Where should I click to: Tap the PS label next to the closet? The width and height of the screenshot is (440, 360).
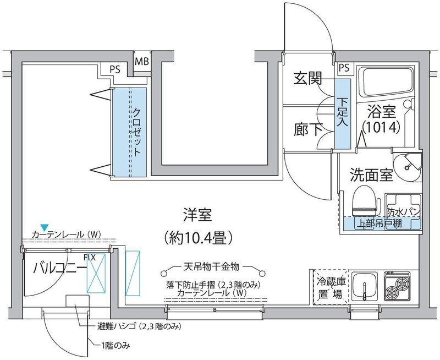tap(116, 70)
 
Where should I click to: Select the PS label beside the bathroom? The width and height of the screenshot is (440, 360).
tap(344, 68)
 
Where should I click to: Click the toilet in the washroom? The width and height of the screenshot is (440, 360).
tap(363, 202)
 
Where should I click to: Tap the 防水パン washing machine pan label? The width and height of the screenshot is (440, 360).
tap(404, 211)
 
